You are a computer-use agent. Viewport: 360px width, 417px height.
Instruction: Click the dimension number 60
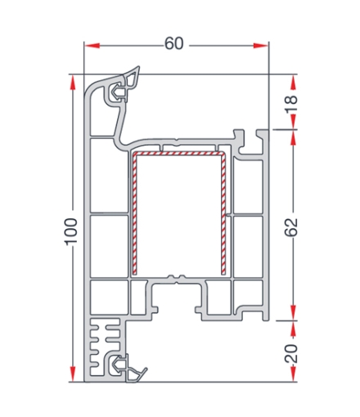(174, 43)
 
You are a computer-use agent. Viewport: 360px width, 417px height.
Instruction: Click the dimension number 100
(71, 231)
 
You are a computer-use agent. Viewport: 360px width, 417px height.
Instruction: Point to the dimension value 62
(291, 227)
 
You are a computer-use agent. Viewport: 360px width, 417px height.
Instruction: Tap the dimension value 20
(291, 353)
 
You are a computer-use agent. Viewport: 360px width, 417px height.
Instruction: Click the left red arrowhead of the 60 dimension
(92, 46)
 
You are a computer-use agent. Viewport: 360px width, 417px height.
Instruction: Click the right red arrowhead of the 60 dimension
(261, 46)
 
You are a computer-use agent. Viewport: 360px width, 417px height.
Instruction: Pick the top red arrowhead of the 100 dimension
(72, 82)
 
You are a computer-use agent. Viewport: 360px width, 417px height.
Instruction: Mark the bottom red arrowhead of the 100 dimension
(72, 374)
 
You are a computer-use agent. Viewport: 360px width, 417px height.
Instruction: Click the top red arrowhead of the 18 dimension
(294, 83)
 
